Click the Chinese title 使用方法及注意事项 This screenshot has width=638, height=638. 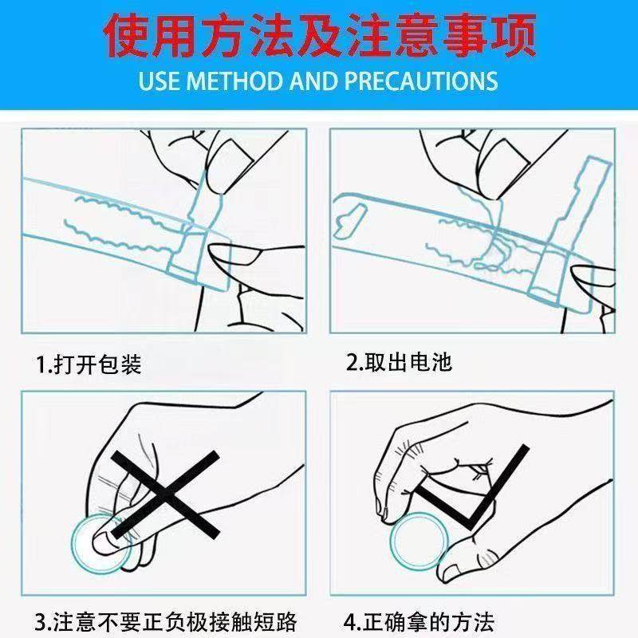point(320,35)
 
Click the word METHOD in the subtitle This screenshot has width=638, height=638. point(234,81)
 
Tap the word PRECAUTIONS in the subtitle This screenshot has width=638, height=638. point(422,81)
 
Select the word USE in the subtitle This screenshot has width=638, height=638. point(159,81)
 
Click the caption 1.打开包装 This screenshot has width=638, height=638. point(89,364)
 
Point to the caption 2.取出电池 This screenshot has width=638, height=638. point(399,362)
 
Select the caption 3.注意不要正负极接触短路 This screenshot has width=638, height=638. point(166,621)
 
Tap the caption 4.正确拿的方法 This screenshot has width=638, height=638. point(419,621)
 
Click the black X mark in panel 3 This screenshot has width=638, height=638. point(166,494)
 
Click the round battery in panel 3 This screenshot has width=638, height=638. point(101,545)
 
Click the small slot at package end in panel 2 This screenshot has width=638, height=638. point(349,221)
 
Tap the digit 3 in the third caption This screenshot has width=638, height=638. point(41,622)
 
